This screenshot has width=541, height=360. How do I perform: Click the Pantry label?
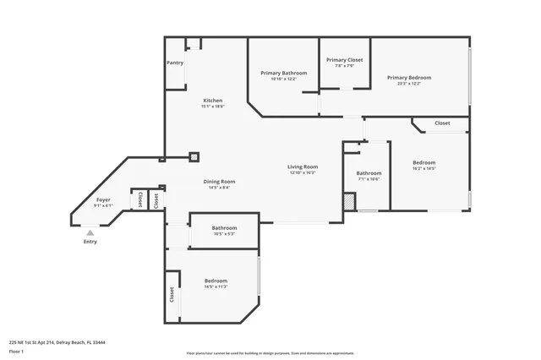coord(175,63)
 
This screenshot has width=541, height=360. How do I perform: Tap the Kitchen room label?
coord(212,101)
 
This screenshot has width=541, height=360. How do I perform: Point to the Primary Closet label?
coord(345,60)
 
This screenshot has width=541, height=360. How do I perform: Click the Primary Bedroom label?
coord(409,78)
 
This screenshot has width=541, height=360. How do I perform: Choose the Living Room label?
coord(302,166)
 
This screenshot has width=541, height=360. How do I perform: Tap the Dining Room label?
coord(219,182)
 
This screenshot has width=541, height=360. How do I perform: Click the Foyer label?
coord(103,199)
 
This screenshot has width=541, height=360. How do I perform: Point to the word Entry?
coord(90,242)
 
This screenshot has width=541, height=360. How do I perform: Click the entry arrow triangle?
coord(90,232)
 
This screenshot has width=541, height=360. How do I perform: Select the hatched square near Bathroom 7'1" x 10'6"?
coord(348,203)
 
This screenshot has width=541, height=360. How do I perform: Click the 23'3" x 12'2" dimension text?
coord(409,84)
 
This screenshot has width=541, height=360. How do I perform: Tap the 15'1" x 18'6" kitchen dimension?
coord(212,106)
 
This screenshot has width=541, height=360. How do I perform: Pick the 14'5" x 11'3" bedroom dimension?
coord(216,286)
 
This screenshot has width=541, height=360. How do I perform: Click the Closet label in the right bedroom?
coord(442,123)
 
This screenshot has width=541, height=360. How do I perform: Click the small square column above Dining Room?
coord(194,156)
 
